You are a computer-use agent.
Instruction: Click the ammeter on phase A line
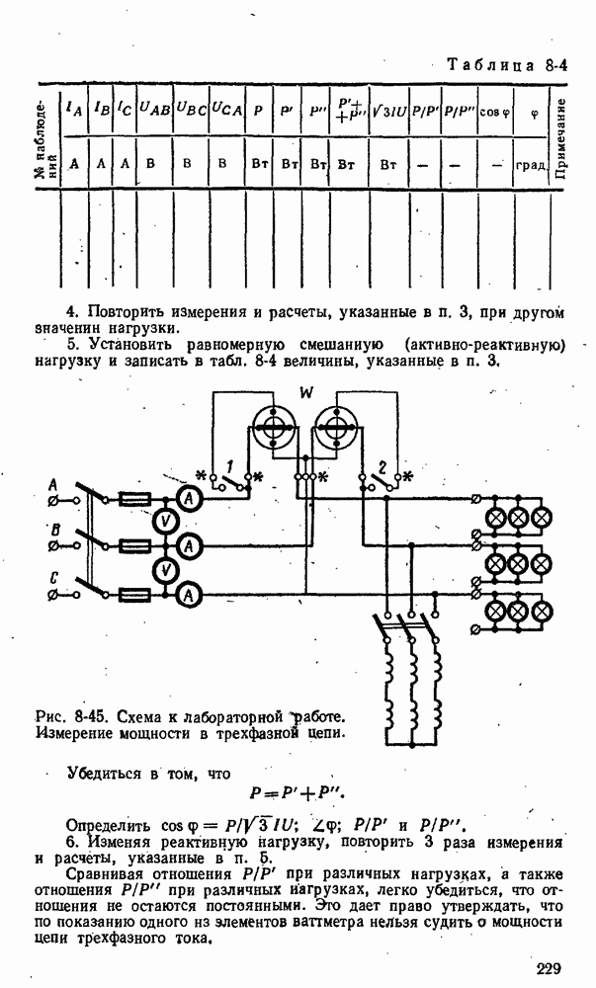click(x=191, y=500)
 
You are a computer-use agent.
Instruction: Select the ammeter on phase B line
click(x=191, y=547)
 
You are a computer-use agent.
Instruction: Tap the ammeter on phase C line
click(x=191, y=595)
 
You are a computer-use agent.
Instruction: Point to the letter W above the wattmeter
click(x=305, y=394)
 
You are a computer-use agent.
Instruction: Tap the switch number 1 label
click(x=229, y=464)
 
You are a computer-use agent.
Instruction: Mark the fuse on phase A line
click(x=133, y=500)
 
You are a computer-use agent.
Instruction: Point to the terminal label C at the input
click(x=53, y=579)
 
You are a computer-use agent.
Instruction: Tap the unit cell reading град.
click(x=531, y=164)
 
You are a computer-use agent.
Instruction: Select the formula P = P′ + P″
click(x=298, y=793)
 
